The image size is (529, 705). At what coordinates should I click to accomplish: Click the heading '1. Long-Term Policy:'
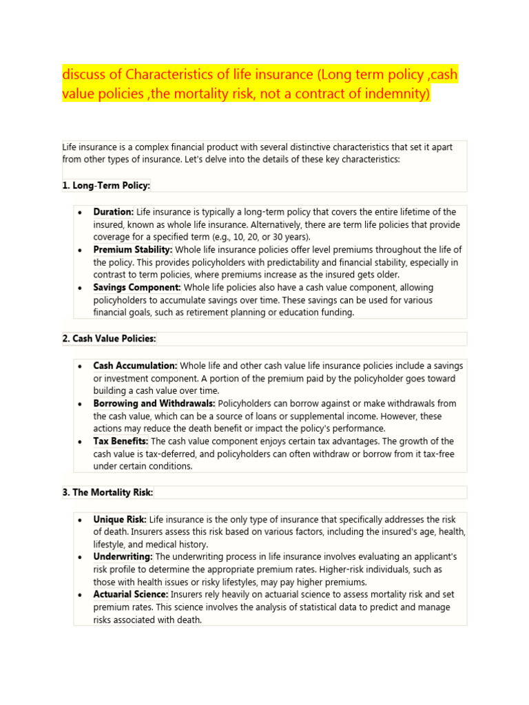106,186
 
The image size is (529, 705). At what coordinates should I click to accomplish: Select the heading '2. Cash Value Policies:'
109,339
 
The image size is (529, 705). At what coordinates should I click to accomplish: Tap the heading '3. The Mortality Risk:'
107,492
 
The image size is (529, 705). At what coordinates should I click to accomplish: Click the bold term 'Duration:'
114,212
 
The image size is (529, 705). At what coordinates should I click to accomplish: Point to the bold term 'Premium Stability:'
133,250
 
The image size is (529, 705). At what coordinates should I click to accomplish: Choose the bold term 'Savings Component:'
137,288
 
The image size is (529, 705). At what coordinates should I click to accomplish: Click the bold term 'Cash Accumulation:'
135,366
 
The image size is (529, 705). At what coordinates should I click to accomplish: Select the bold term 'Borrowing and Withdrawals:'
154,403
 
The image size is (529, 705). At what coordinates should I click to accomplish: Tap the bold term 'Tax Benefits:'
121,441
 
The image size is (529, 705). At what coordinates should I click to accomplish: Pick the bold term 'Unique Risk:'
120,519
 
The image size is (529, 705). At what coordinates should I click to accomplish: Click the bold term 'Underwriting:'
123,556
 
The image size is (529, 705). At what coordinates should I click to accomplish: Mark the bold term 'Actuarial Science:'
131,594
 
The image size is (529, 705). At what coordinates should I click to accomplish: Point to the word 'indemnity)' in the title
395,95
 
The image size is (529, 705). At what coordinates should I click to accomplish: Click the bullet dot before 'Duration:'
81,213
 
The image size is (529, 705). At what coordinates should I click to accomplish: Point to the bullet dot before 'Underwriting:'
81,557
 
